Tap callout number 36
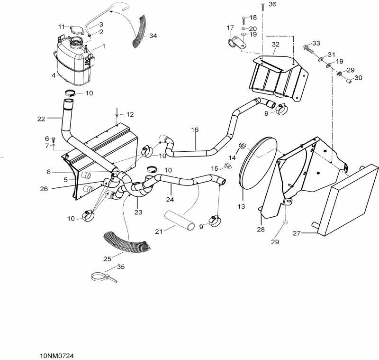[272, 4]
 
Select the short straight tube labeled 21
[180, 221]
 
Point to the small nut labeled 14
[242, 146]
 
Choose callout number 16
[195, 129]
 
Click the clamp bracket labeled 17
[235, 45]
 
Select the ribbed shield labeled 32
[277, 76]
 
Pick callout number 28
[260, 229]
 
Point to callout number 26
[44, 189]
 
